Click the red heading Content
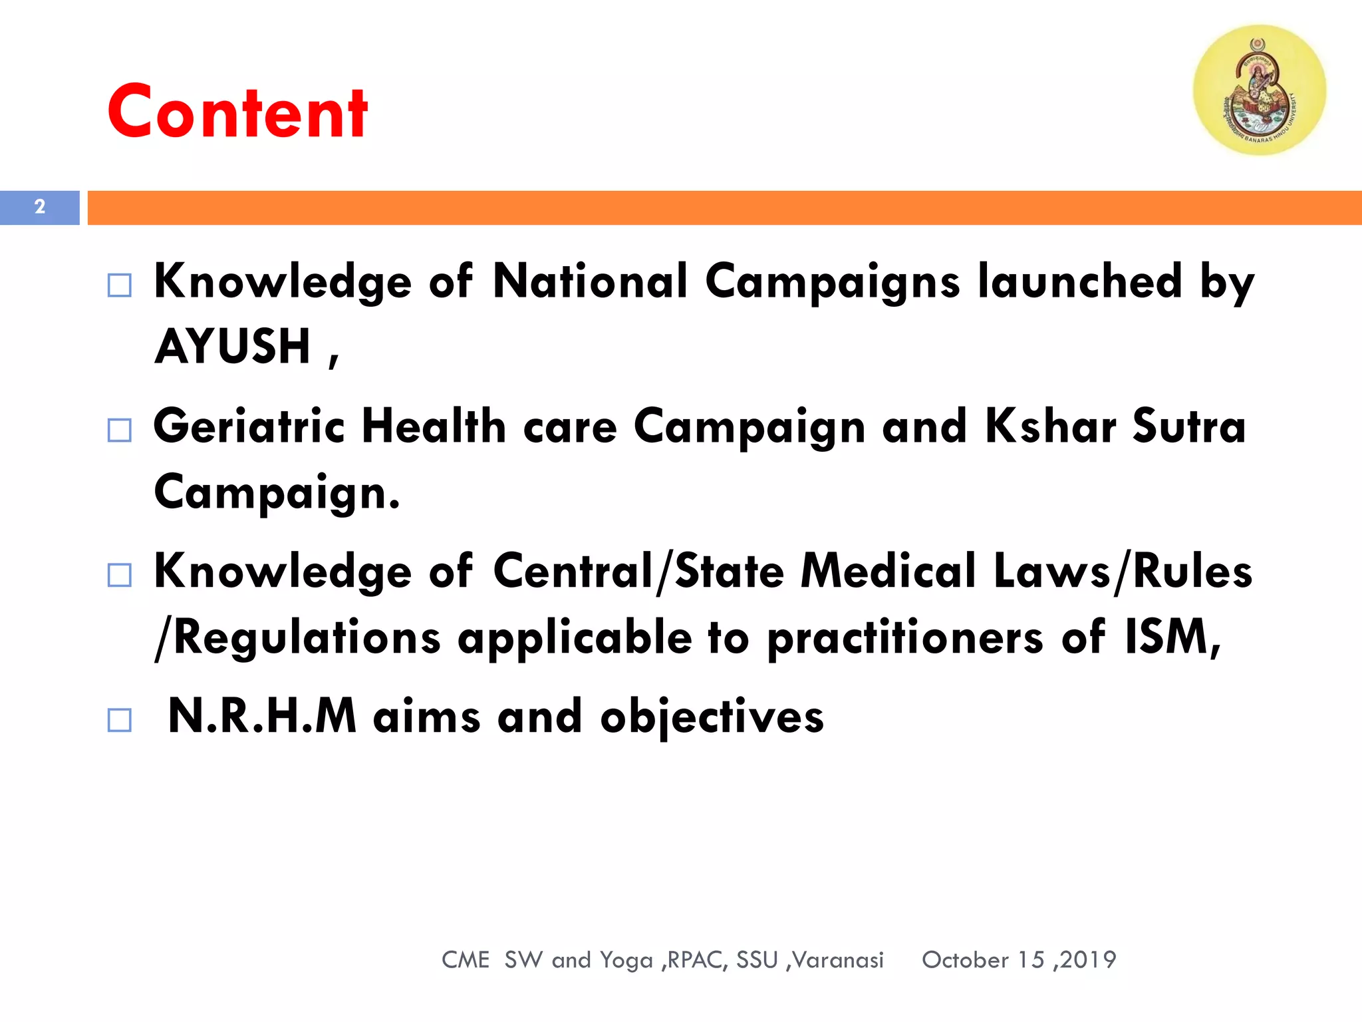pos(237,112)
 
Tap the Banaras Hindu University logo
pos(1259,90)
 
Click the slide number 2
pos(40,207)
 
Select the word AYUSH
pos(233,347)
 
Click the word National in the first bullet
pos(590,281)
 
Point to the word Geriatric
pos(249,426)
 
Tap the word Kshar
pos(1050,426)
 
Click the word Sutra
pos(1189,426)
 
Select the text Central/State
pos(638,571)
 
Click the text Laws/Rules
pos(1123,571)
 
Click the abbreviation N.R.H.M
pos(262,717)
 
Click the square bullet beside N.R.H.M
pos(120,720)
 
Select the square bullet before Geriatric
pos(120,430)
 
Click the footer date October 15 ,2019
pos(1019,959)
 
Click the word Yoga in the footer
pos(626,960)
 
